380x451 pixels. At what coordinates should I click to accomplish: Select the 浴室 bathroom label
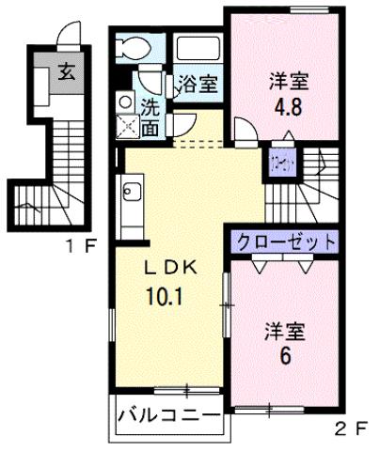point(198,82)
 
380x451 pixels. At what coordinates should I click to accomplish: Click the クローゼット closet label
point(285,241)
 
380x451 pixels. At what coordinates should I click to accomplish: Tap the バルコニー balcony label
point(169,414)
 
